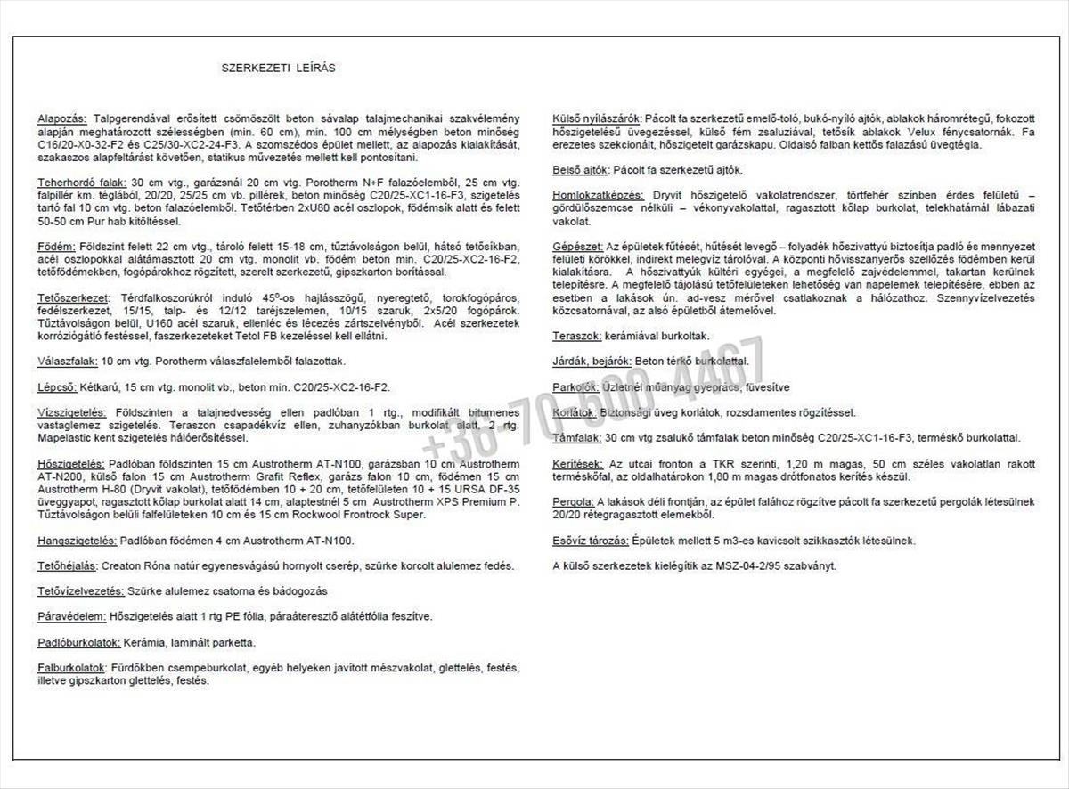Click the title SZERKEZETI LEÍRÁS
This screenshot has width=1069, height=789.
pos(278,68)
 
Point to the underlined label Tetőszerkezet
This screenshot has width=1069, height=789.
pos(72,297)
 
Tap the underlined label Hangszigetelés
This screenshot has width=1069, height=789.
pos(77,540)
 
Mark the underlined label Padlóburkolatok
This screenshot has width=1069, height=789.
pos(78,642)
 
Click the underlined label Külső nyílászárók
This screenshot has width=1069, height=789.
pos(598,118)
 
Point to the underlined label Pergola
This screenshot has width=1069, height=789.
pos(574,502)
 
